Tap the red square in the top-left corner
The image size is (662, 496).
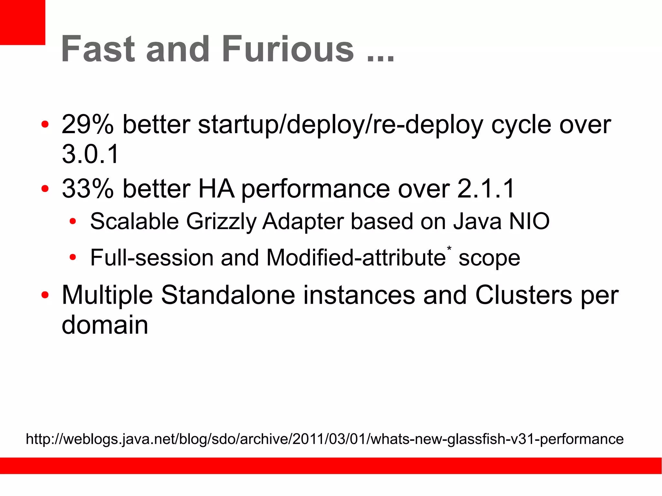[22, 22]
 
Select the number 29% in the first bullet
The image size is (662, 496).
[88, 124]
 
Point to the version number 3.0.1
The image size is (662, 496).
[90, 154]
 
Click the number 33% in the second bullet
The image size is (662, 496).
[88, 188]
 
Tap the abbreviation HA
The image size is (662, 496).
[216, 188]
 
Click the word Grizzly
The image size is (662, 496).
[221, 222]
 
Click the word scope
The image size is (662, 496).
[489, 258]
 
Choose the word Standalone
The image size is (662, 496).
[228, 295]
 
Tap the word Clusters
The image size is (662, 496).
[524, 295]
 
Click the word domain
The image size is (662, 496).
[105, 324]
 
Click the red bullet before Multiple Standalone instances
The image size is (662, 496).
[45, 295]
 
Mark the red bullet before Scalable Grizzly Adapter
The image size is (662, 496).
[73, 222]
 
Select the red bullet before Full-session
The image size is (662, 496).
[73, 258]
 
